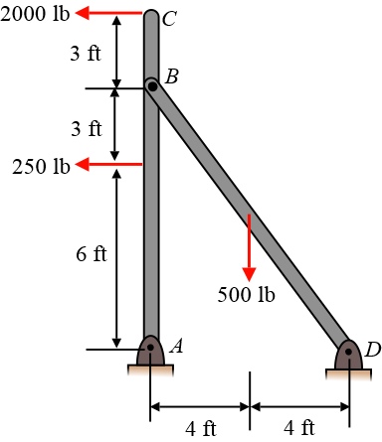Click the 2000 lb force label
tap(35, 14)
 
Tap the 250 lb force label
tap(41, 166)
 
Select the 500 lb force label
tap(246, 294)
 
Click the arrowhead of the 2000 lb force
tap(83, 13)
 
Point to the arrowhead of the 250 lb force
tap(83, 164)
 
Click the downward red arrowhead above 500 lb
tap(249, 274)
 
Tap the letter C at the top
tap(169, 19)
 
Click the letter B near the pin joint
tap(172, 76)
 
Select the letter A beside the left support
tap(176, 347)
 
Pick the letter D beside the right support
tap(373, 350)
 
